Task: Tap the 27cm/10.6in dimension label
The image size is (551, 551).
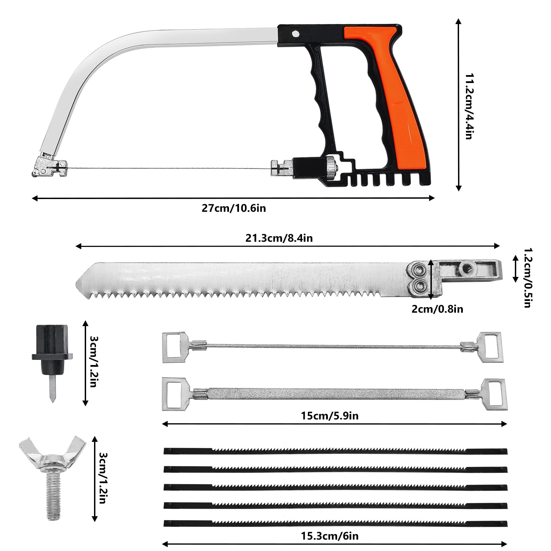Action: (x=234, y=208)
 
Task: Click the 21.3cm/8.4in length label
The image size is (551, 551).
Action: (x=279, y=238)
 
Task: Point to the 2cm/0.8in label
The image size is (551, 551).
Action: (x=437, y=309)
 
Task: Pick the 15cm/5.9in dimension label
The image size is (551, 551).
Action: (x=330, y=416)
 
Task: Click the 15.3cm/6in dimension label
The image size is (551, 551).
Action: (x=330, y=536)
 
